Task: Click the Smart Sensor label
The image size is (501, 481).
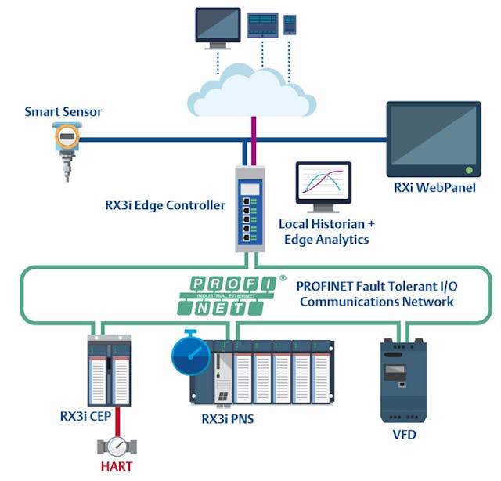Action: click(x=63, y=112)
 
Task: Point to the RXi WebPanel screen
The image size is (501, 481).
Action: click(x=433, y=138)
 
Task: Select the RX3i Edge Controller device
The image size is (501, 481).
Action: click(x=250, y=208)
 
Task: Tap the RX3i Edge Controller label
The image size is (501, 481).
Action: click(x=165, y=206)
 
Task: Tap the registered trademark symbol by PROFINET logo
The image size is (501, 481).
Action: click(x=283, y=277)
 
